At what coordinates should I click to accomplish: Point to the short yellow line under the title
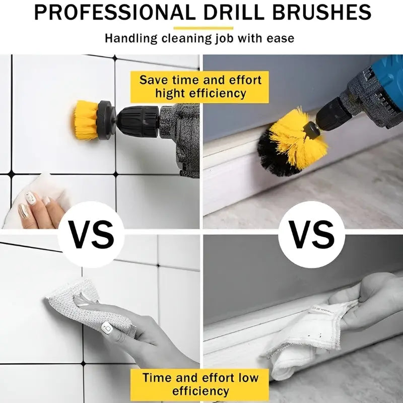click(203, 28)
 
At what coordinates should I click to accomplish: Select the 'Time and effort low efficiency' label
click(200, 384)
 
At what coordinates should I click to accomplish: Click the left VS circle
click(90, 234)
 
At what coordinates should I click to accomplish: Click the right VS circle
click(312, 234)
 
